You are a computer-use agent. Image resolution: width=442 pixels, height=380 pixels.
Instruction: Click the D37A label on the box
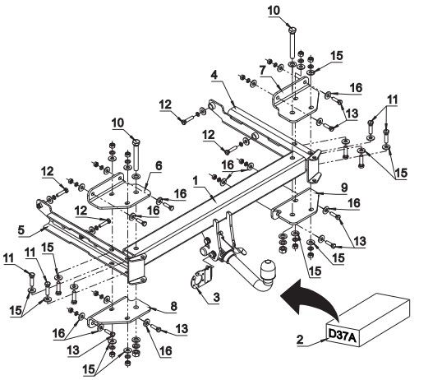pyautogui.click(x=343, y=335)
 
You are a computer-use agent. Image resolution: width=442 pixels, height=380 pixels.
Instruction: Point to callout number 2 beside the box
pyautogui.click(x=301, y=340)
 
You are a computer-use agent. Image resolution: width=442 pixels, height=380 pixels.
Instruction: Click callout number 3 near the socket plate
pyautogui.click(x=216, y=297)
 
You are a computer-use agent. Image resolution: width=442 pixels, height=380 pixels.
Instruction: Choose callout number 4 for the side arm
pyautogui.click(x=214, y=75)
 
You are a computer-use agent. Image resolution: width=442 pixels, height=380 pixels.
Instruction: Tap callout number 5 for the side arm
pyautogui.click(x=21, y=229)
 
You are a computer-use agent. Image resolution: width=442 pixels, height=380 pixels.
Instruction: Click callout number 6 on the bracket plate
pyautogui.click(x=159, y=166)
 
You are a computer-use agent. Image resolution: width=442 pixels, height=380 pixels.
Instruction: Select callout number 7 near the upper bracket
pyautogui.click(x=263, y=70)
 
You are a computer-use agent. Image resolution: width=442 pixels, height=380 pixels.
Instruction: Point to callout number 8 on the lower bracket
pyautogui.click(x=173, y=306)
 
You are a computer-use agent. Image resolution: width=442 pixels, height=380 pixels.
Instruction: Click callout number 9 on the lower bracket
pyautogui.click(x=344, y=188)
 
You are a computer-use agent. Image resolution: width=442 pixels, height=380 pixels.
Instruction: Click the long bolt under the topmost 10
pyautogui.click(x=292, y=45)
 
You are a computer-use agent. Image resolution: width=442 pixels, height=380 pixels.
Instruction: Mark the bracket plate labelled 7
pyautogui.click(x=295, y=99)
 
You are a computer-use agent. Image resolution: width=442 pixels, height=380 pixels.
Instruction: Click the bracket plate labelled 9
pyautogui.click(x=295, y=206)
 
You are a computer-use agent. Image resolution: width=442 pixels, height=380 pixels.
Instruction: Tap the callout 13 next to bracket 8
pyautogui.click(x=182, y=329)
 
